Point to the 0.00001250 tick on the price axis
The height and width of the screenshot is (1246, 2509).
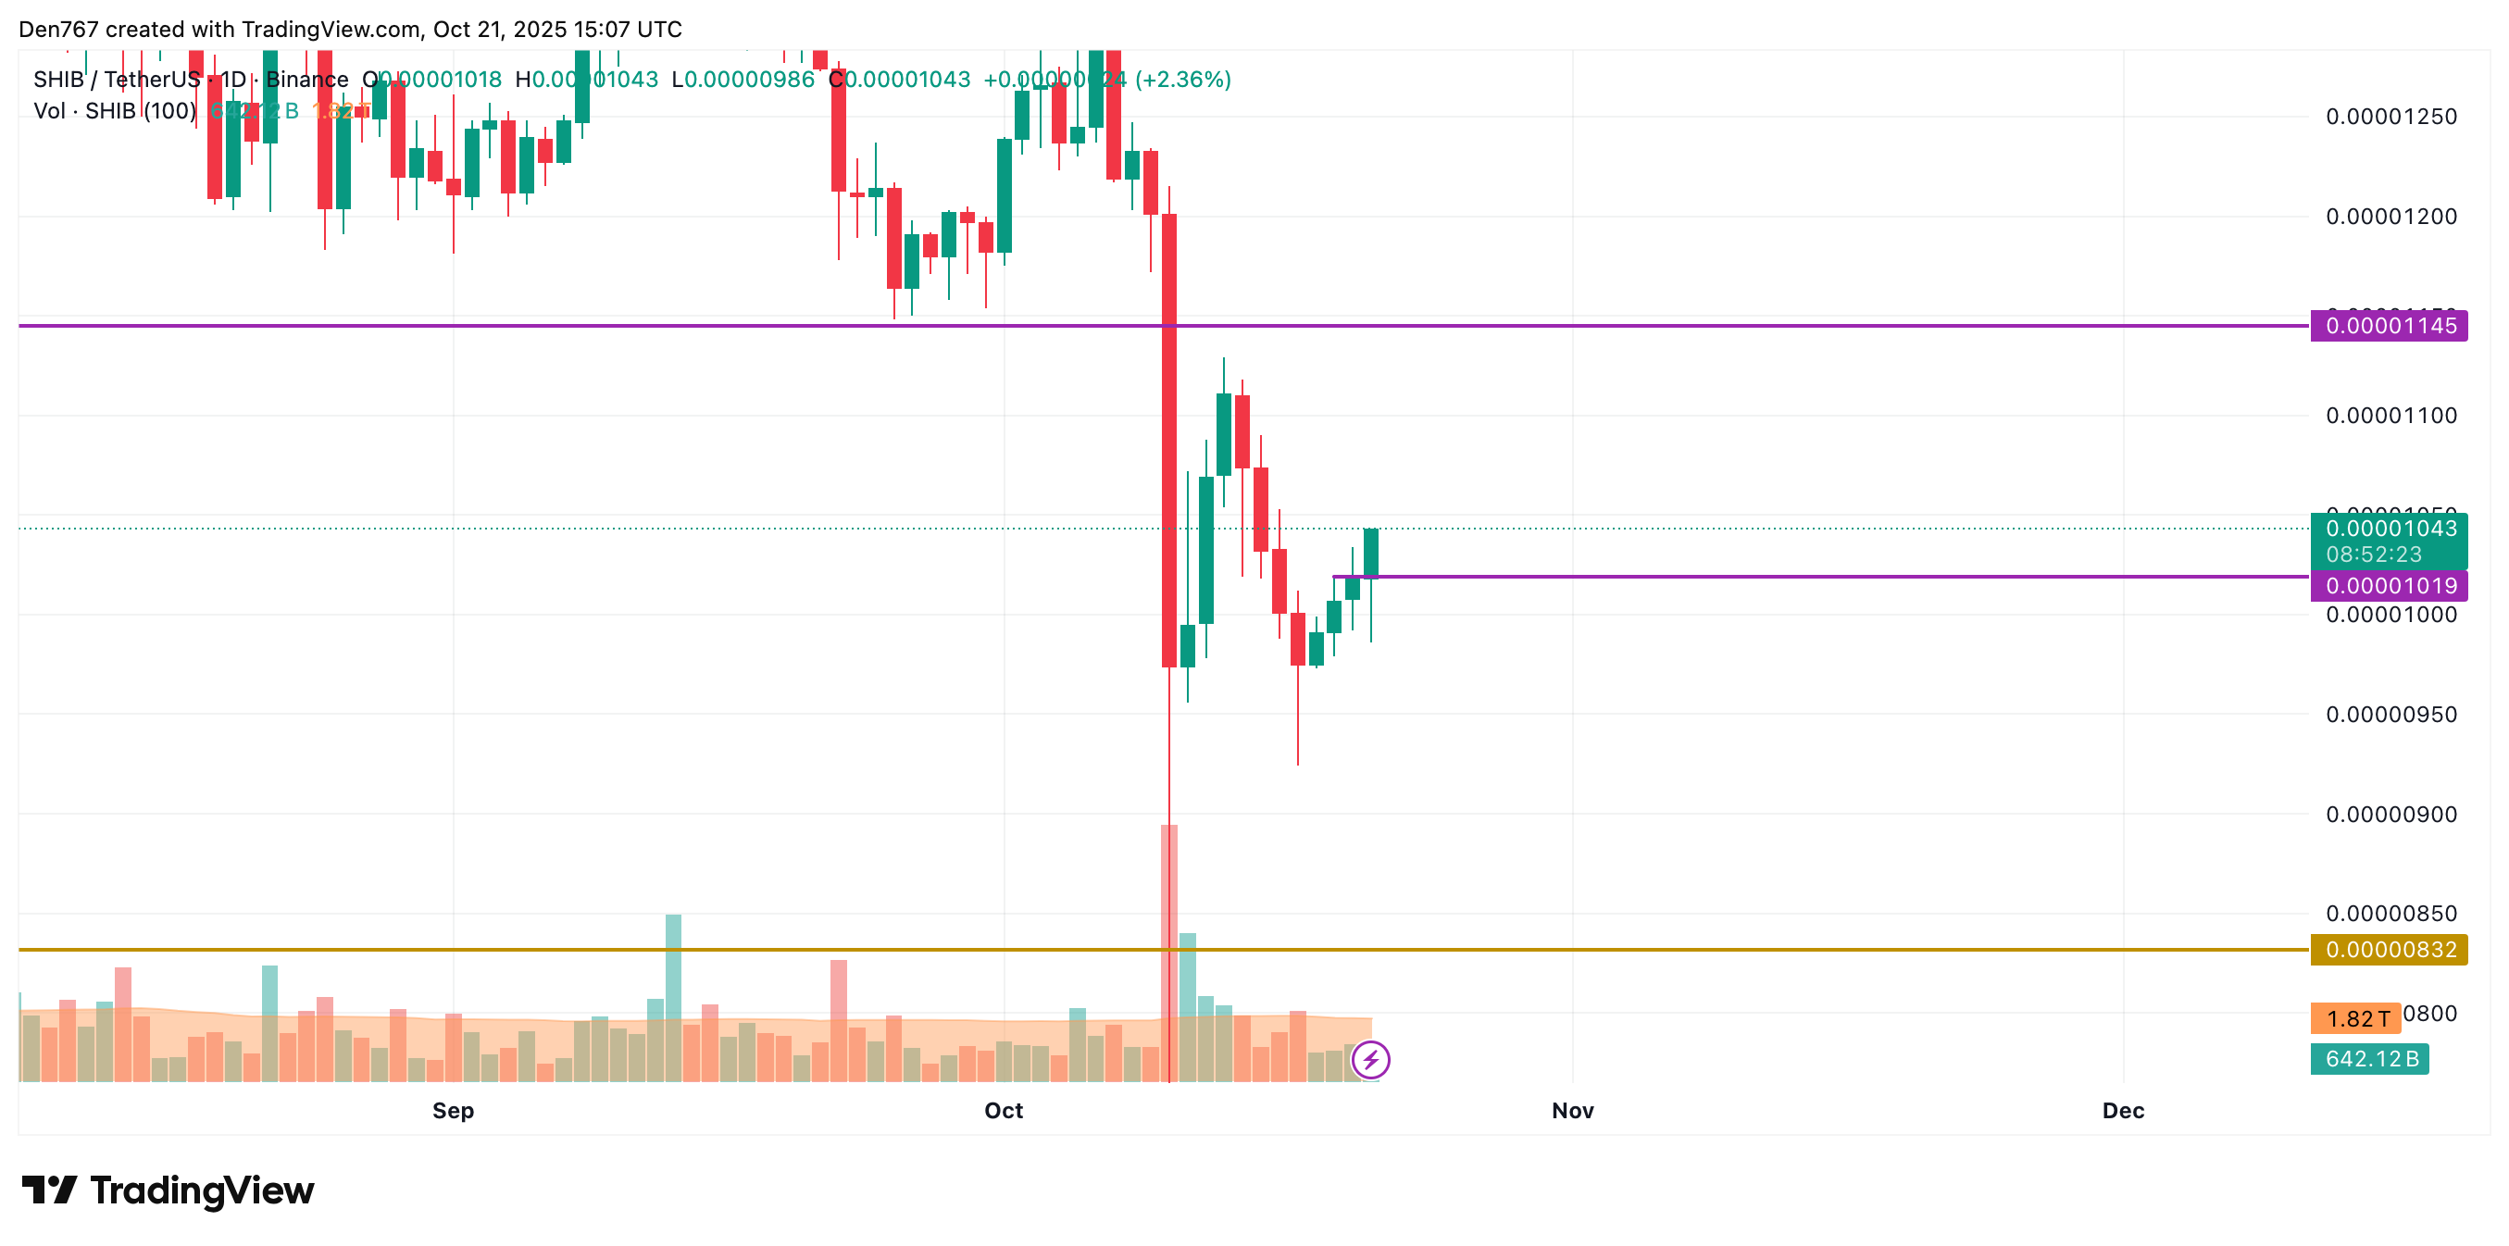coord(2390,117)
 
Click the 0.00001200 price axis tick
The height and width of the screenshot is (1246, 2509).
coord(2390,217)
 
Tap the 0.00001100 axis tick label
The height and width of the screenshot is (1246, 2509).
coord(2390,416)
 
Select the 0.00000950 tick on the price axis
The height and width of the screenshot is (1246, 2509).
coord(2390,714)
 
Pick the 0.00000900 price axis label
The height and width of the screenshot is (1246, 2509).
coord(2390,815)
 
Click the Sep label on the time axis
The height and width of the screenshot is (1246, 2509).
coord(453,1111)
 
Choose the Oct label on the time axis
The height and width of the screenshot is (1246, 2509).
coord(1004,1111)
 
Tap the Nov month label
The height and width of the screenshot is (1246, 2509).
coord(1572,1111)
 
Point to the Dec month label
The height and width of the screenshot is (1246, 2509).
coord(2122,1111)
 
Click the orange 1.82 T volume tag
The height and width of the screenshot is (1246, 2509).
coord(2355,1018)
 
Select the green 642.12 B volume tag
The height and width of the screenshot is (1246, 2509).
coord(2369,1059)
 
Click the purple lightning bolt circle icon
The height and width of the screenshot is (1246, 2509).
coord(1370,1059)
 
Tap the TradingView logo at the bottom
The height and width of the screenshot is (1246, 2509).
coord(168,1190)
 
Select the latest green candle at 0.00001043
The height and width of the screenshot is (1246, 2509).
coord(1370,554)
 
